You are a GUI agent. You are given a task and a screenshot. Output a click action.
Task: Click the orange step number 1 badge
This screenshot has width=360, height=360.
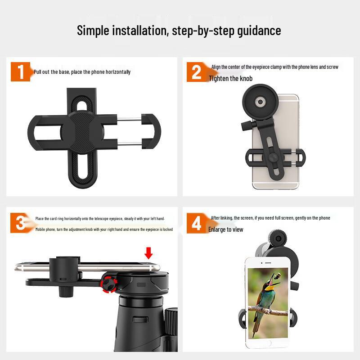pyautogui.click(x=20, y=72)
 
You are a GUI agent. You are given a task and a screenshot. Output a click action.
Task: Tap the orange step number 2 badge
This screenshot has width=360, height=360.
pyautogui.click(x=197, y=72)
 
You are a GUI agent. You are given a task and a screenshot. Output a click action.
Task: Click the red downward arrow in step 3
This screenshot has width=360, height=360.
pyautogui.click(x=148, y=253)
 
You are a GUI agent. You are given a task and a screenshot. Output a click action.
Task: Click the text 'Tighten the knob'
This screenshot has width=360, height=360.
pyautogui.click(x=230, y=79)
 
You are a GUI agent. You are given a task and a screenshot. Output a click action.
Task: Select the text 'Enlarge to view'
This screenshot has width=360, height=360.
pyautogui.click(x=225, y=229)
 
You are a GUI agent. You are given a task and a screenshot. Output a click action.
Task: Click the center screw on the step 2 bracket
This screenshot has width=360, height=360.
pyautogui.click(x=273, y=157)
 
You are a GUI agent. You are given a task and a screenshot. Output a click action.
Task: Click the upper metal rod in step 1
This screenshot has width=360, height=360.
pyautogui.click(x=129, y=118)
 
